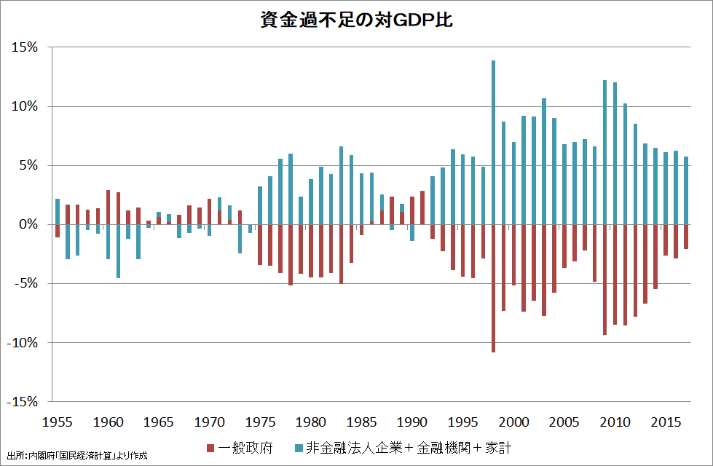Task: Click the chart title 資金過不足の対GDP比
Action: [x=356, y=20]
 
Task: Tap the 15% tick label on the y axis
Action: [x=26, y=47]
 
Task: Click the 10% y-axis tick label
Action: [x=26, y=106]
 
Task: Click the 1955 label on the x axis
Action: [x=58, y=422]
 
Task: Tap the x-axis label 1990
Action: [x=412, y=422]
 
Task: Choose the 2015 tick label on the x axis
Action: [x=666, y=422]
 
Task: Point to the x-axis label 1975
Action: [x=260, y=422]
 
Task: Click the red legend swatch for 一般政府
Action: [x=211, y=447]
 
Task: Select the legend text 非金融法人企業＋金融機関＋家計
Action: [x=409, y=447]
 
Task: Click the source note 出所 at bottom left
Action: [x=76, y=456]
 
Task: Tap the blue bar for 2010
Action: [x=615, y=153]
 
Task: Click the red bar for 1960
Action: [x=108, y=208]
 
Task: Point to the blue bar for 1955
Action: [x=58, y=211]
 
